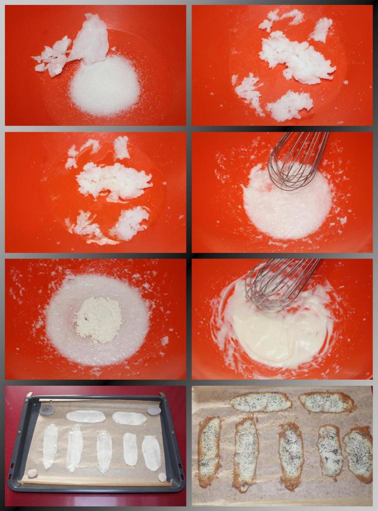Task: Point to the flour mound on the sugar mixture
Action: click(98, 319)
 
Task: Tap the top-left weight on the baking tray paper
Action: click(47, 410)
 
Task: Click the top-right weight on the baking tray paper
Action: click(154, 411)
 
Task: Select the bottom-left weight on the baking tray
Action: click(32, 474)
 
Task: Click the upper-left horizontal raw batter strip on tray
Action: click(86, 416)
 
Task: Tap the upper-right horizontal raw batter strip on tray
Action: click(129, 418)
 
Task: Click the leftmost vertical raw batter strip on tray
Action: click(50, 446)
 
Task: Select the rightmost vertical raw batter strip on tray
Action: click(151, 453)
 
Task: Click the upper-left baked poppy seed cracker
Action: click(261, 402)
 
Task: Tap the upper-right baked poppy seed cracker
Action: click(327, 402)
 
